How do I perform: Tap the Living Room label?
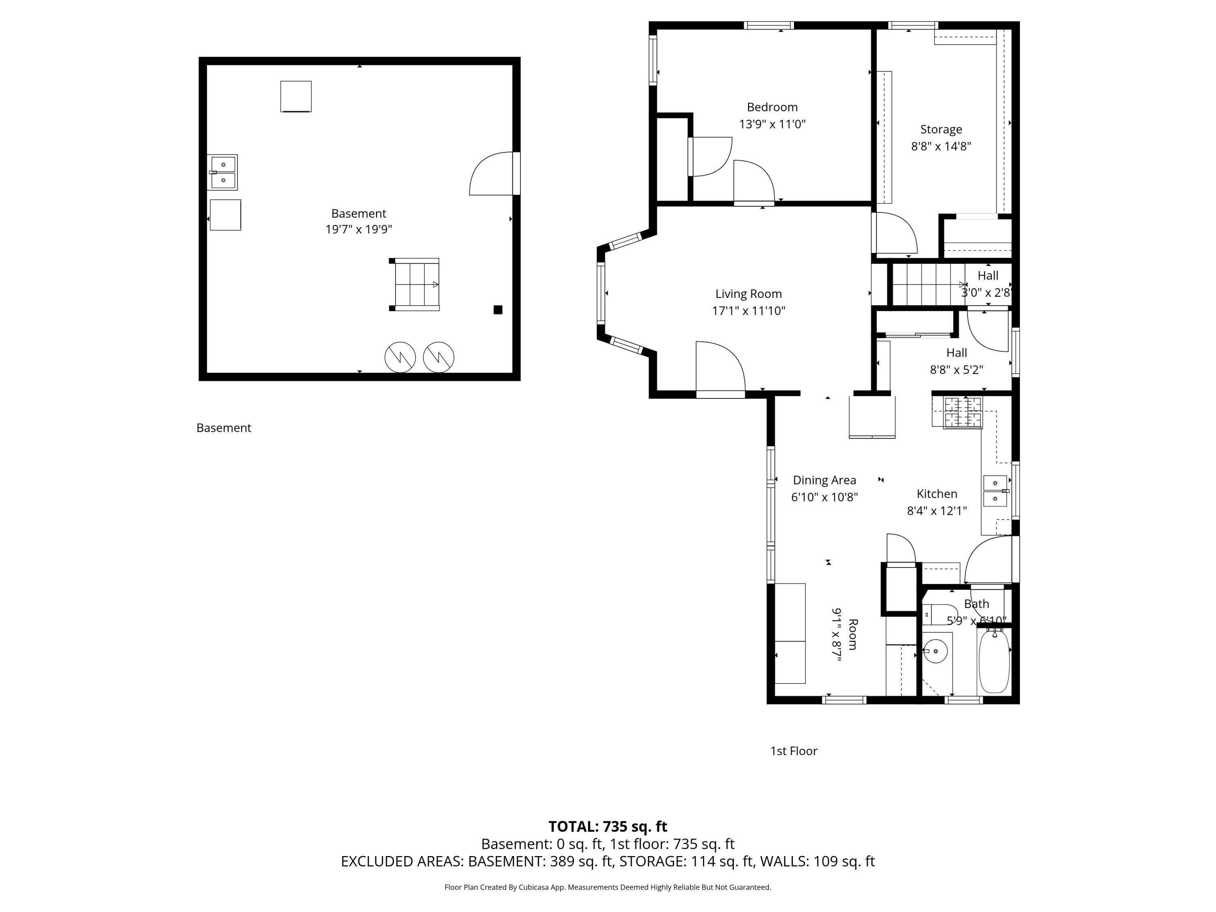coord(748,294)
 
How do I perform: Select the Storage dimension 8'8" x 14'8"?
coord(941,147)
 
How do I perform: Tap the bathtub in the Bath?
coord(994,662)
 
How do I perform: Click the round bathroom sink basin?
coord(935,651)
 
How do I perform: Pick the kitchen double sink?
coord(995,491)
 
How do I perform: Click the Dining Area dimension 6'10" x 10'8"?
coord(824,497)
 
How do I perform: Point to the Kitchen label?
coord(937,494)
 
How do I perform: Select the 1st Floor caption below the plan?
coord(793,751)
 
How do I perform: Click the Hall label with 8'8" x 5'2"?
coord(957,353)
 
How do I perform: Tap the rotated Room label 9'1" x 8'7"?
coord(844,634)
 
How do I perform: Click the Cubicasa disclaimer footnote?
coord(608,887)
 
